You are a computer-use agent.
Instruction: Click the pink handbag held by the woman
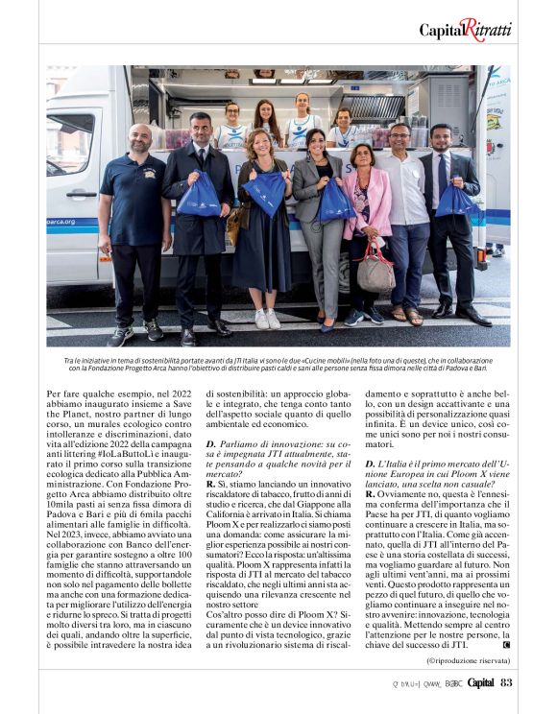[x=375, y=272]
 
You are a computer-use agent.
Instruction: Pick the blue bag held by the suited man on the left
[x=201, y=195]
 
